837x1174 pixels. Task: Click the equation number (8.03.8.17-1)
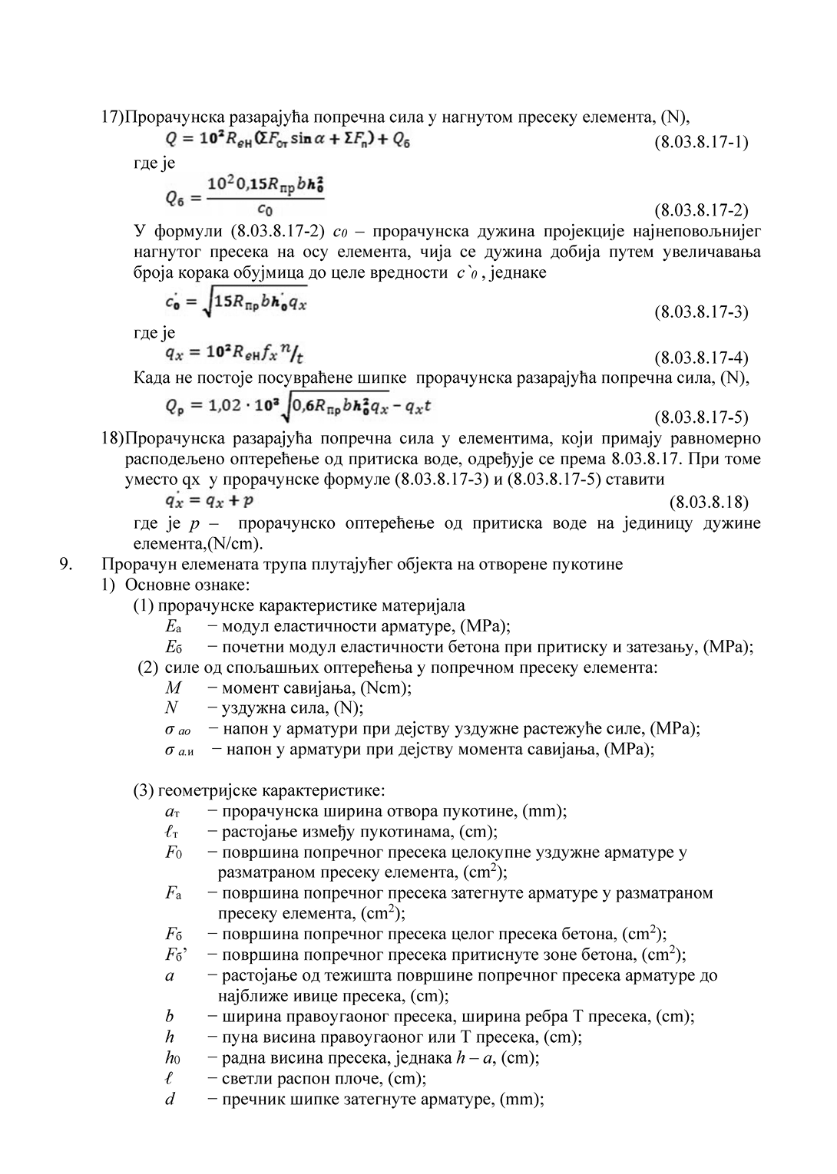700,142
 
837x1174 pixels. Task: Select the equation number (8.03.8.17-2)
700,210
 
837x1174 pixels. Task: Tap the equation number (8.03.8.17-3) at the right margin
700,312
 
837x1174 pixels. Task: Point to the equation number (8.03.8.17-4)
700,358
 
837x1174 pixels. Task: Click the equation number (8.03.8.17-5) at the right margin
700,417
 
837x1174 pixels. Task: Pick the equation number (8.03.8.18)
708,503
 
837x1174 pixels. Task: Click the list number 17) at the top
112,117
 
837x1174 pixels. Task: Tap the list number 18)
112,439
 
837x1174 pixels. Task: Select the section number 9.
66,565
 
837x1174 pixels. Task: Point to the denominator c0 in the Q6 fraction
264,209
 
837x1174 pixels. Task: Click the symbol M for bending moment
173,688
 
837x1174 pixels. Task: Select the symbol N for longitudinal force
171,708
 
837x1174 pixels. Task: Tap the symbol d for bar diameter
170,1100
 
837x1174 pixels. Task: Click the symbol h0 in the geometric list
172,1058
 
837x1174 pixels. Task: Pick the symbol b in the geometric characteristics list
170,1017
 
